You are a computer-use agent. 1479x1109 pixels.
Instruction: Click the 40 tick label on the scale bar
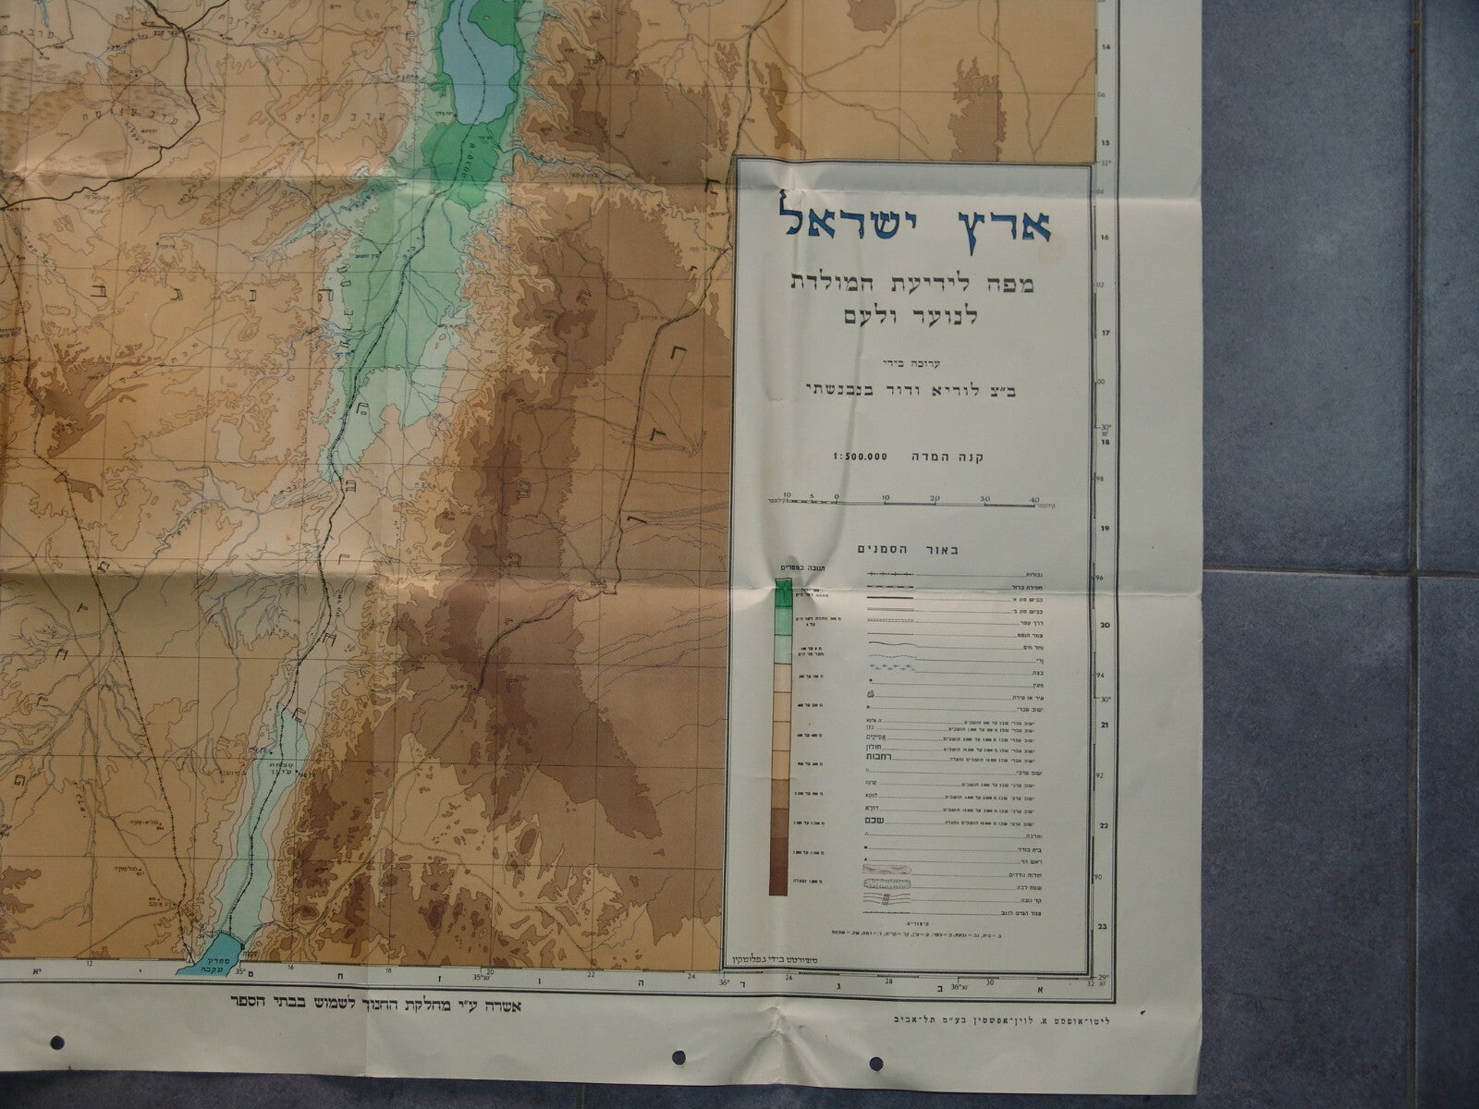pos(1034,499)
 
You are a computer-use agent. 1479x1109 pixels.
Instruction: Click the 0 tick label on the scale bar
pos(837,499)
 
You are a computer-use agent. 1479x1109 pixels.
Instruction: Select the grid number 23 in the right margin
pos(1103,925)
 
